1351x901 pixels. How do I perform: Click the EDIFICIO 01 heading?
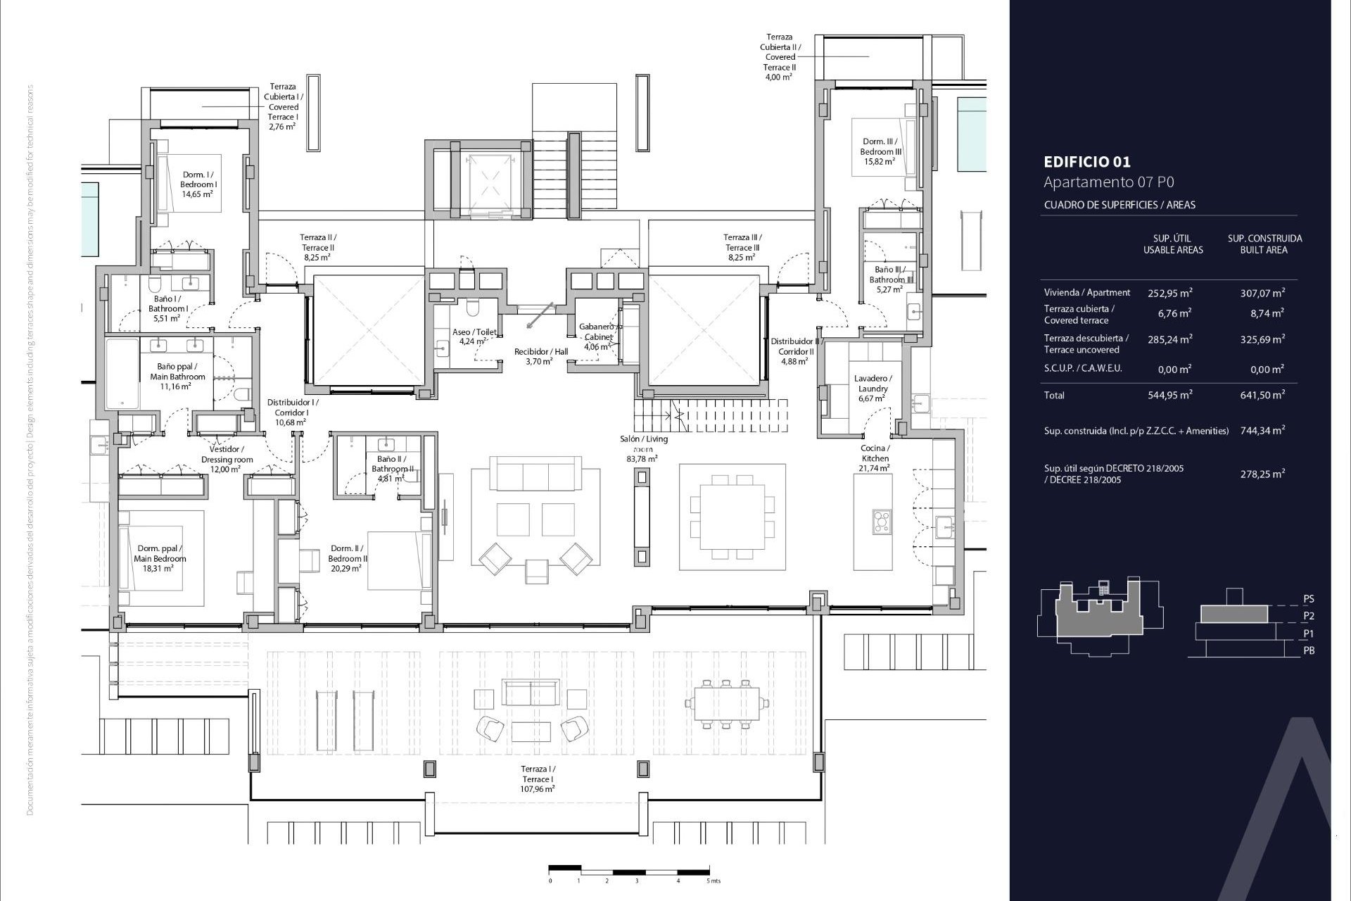coord(1087,162)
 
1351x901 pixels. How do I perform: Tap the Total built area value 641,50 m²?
coord(1262,395)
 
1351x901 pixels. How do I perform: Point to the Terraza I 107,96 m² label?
coord(538,779)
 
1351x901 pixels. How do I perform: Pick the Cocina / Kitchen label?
coord(875,458)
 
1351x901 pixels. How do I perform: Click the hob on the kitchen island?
coord(881,522)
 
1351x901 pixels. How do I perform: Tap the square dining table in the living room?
coord(732,517)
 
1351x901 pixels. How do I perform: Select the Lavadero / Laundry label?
coord(872,388)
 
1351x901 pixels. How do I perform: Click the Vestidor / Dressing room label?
coord(227,459)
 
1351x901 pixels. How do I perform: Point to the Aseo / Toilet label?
coord(474,336)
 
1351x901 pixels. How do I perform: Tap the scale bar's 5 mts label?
coord(713,881)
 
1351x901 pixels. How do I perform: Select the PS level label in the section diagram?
coord(1308,599)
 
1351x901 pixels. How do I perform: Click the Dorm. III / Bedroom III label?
coord(880,151)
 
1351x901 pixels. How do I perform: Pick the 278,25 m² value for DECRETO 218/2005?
coord(1262,474)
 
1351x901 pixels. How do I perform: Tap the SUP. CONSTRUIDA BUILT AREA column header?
coord(1264,244)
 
